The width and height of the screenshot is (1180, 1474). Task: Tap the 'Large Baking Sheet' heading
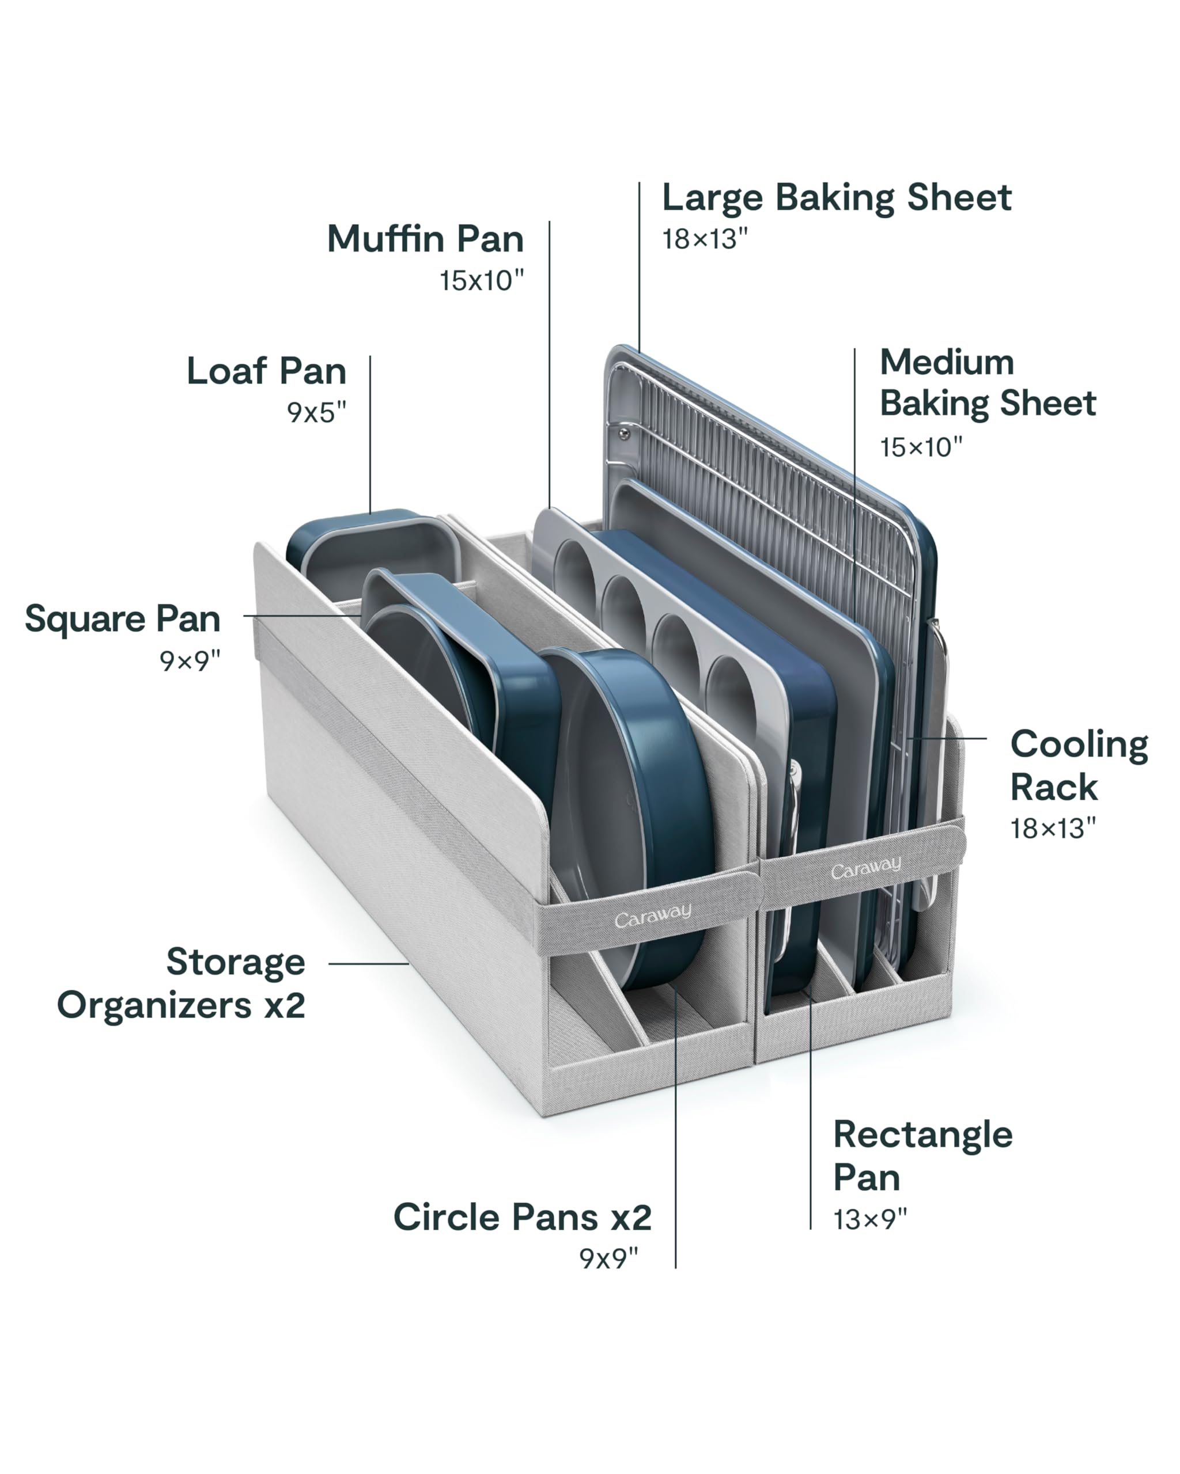pos(836,198)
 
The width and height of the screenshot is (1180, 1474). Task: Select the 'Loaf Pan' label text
pos(266,371)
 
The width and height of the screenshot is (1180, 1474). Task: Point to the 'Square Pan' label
pos(123,620)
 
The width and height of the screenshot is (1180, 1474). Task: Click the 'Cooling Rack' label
pos(1079,765)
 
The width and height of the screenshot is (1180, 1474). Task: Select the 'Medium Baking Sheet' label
pos(987,382)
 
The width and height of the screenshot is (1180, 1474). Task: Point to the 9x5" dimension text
pos(317,412)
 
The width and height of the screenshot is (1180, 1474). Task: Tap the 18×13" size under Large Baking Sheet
pos(705,240)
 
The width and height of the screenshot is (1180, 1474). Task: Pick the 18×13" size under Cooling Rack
pos(1053,829)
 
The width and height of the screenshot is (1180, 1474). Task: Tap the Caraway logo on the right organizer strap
pos(865,868)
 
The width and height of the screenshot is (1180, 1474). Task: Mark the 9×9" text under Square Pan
pos(190,660)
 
